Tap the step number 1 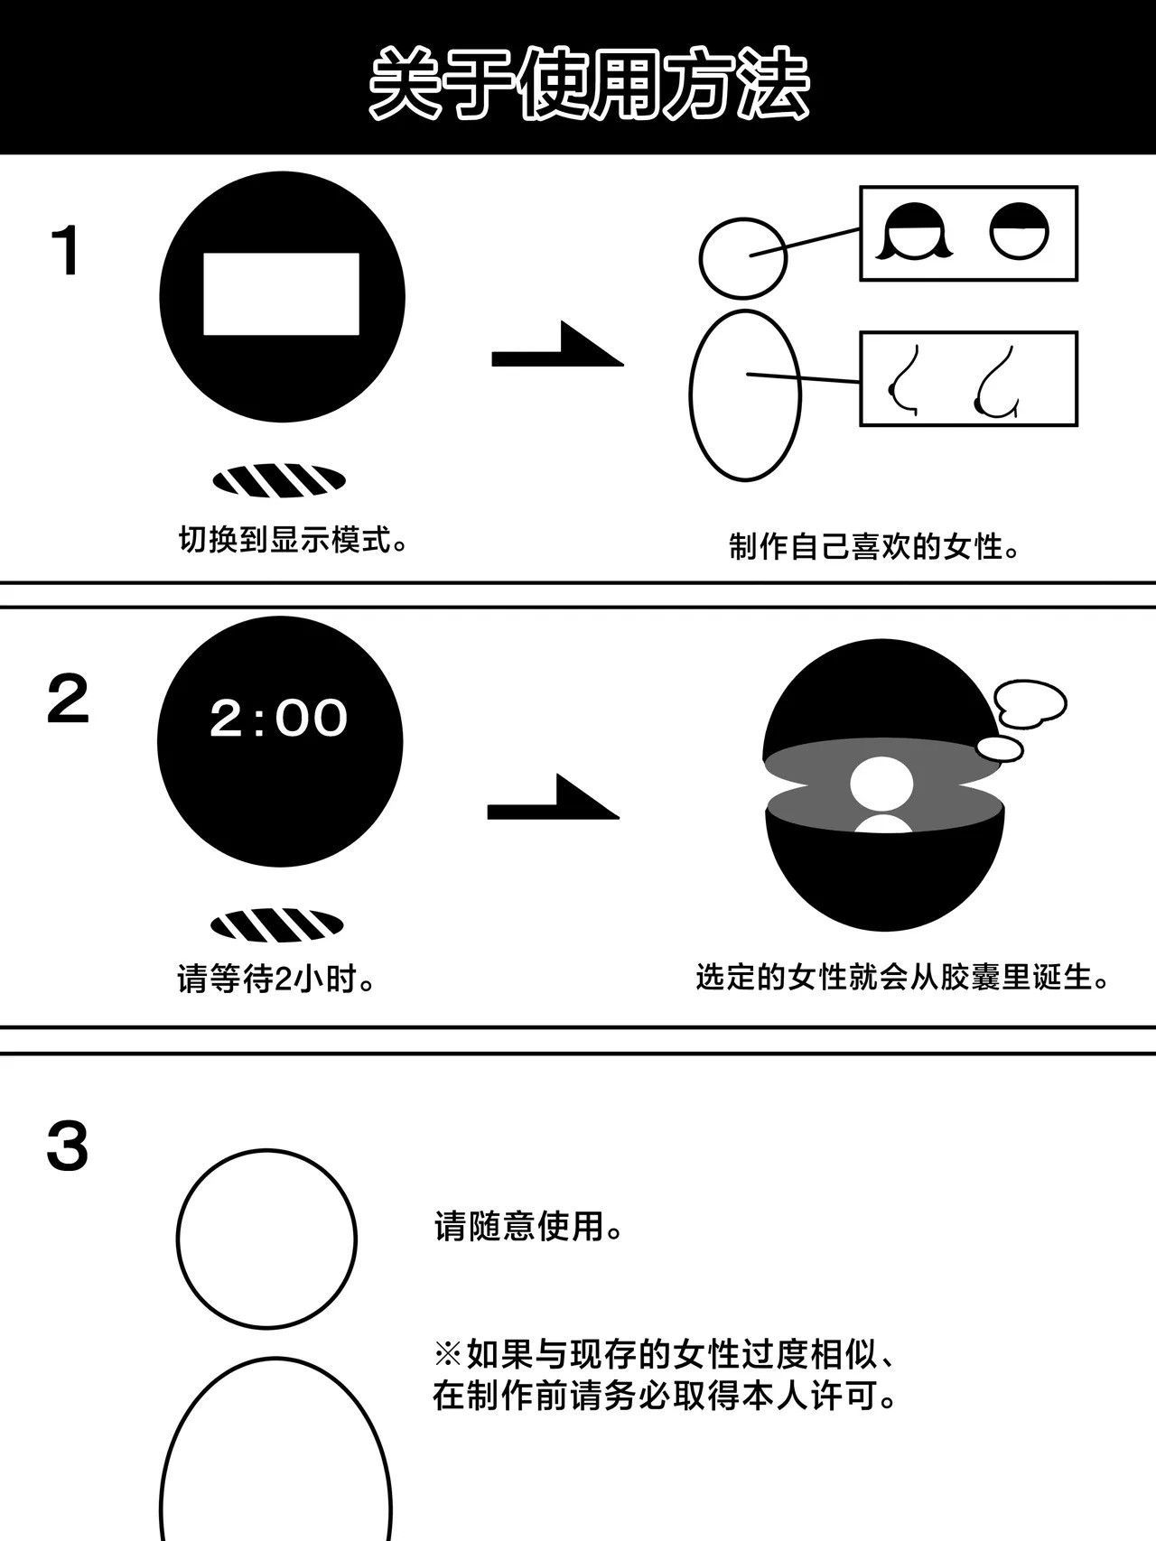[68, 251]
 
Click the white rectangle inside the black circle [281, 294]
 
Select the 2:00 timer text [278, 718]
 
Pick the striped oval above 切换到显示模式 [279, 481]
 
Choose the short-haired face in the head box [1020, 230]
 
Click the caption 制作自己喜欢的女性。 [874, 546]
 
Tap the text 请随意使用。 [528, 1226]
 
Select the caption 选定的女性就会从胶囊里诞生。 [902, 977]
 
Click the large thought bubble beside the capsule [1030, 703]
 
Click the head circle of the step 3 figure [266, 1239]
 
